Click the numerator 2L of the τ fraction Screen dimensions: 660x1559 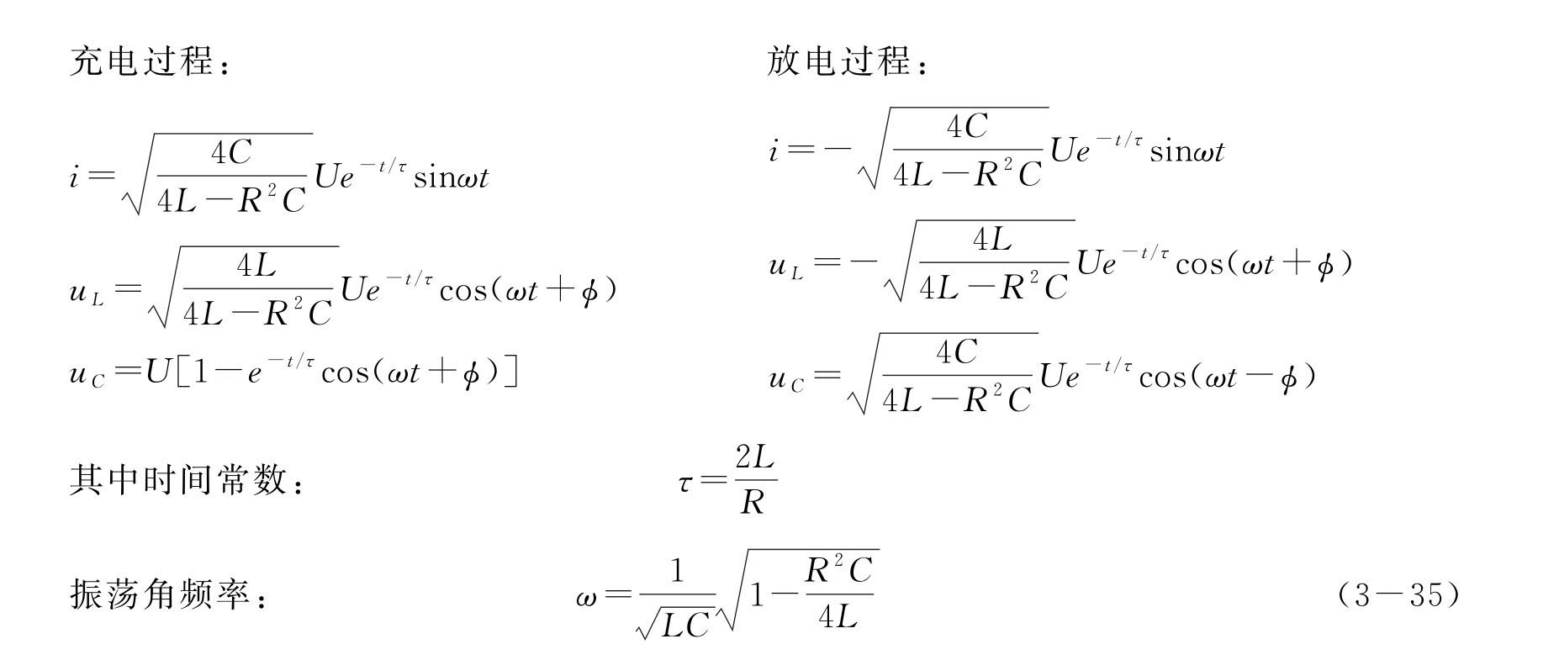click(x=754, y=459)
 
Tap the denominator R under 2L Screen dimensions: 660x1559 click(x=753, y=503)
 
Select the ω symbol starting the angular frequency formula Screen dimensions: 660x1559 click(x=586, y=598)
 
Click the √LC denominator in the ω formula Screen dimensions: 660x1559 click(x=677, y=623)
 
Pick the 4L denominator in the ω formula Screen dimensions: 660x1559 click(x=837, y=618)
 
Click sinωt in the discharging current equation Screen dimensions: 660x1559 click(x=1186, y=151)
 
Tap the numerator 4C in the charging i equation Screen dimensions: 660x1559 click(x=231, y=153)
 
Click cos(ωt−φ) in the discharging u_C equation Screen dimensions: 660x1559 click(x=1227, y=377)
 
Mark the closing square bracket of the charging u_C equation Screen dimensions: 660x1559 click(x=510, y=372)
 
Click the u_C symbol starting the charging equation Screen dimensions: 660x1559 click(x=87, y=373)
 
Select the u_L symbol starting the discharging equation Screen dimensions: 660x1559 click(x=786, y=267)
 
